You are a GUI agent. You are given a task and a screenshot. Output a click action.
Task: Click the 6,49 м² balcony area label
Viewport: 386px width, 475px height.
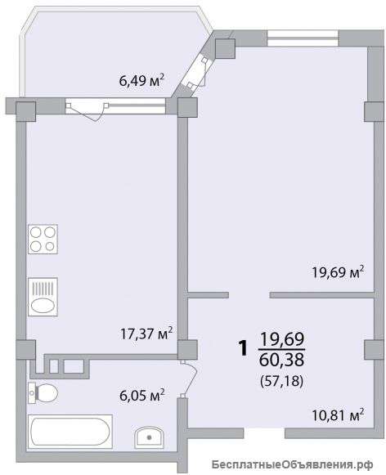pyautogui.click(x=141, y=80)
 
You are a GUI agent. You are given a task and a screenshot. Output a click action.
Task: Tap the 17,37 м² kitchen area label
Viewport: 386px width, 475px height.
pyautogui.click(x=146, y=334)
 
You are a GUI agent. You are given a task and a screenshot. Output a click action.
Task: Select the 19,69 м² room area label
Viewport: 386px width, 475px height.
pyautogui.click(x=338, y=272)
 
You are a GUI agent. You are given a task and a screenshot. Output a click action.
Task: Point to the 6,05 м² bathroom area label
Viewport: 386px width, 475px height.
pyautogui.click(x=142, y=396)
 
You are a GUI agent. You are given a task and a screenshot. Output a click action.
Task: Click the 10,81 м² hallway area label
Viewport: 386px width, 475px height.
pyautogui.click(x=338, y=415)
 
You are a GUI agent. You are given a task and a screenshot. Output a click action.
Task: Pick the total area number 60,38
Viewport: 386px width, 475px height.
pyautogui.click(x=282, y=360)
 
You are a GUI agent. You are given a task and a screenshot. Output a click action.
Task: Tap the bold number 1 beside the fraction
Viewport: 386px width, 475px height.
pyautogui.click(x=244, y=347)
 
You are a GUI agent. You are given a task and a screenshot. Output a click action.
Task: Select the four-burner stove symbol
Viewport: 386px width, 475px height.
pyautogui.click(x=43, y=240)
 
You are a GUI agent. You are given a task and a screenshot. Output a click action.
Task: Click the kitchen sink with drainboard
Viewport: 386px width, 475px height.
pyautogui.click(x=43, y=297)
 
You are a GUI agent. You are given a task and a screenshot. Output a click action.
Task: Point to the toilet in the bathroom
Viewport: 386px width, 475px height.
pyautogui.click(x=43, y=393)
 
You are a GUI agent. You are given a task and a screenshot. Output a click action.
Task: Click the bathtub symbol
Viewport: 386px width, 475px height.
pyautogui.click(x=70, y=432)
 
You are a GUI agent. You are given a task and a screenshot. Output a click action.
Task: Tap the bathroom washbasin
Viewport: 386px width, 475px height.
pyautogui.click(x=149, y=437)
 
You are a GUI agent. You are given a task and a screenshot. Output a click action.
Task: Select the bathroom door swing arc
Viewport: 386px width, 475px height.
pyautogui.click(x=191, y=379)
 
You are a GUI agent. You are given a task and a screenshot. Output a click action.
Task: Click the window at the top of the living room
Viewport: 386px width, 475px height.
pyautogui.click(x=303, y=38)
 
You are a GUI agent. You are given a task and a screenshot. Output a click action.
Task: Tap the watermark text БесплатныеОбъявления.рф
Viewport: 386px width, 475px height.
pyautogui.click(x=293, y=464)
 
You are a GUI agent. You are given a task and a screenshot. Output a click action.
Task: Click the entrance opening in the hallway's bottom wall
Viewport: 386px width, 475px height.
pyautogui.click(x=264, y=433)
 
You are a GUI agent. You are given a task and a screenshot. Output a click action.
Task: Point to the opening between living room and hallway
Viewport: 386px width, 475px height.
pyautogui.click(x=249, y=295)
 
